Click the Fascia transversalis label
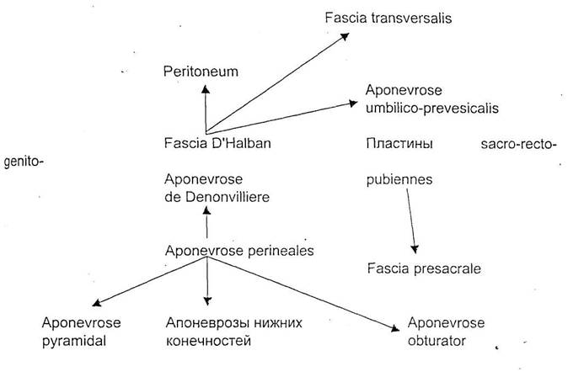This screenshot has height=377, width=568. coord(388,18)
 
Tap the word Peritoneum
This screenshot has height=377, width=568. coord(201,72)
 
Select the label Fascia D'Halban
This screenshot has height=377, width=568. coord(217,143)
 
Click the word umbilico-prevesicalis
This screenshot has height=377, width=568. coord(432,109)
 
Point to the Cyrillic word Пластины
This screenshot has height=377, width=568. coord(399,144)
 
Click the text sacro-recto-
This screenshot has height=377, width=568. coord(518,144)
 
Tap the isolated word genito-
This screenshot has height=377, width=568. coord(24,162)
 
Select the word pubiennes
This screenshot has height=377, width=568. coord(399,179)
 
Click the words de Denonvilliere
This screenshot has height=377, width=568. coord(217,197)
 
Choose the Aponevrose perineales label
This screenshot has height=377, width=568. coord(239,251)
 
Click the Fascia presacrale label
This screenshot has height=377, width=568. coord(424,268)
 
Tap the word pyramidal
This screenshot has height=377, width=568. coord(74,341)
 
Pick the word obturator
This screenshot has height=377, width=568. coord(437,341)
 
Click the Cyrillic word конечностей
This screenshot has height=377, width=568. coord(208,341)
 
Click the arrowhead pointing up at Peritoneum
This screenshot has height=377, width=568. coord(206,89)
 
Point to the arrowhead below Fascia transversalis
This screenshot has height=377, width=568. coord(345,36)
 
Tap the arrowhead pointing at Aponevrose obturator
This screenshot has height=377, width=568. coord(395,328)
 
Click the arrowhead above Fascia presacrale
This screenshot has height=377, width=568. coord(415,249)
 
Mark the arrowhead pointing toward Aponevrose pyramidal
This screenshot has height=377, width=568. coord(97,303)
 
